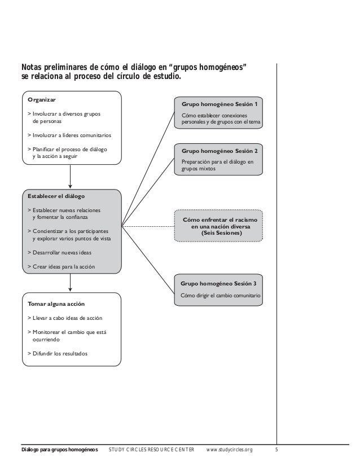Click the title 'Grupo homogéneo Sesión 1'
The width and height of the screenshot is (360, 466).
coord(219,104)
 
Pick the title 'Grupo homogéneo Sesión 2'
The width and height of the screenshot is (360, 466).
coord(219,151)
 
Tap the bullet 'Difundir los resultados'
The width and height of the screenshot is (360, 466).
coord(59,354)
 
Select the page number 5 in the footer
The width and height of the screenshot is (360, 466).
coord(276,450)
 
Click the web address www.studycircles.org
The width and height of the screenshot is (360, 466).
coord(230,450)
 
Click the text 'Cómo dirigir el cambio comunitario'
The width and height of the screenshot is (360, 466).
coord(220,295)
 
